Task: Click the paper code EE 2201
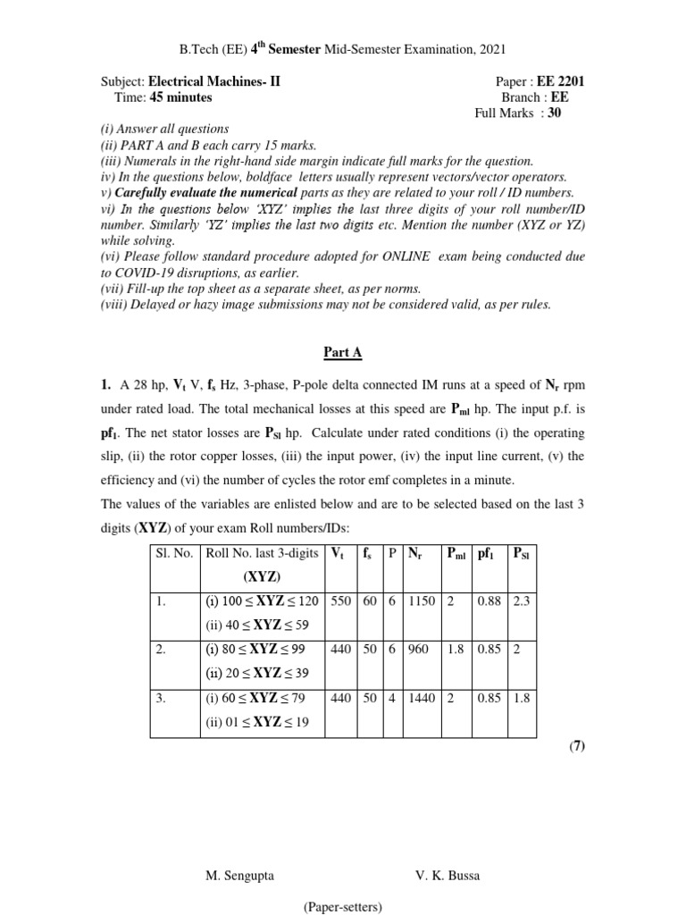click(561, 81)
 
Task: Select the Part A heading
click(343, 352)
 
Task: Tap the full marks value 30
click(555, 113)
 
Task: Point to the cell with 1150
click(422, 602)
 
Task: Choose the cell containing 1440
click(422, 699)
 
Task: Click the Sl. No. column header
click(174, 554)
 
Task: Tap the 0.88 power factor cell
click(489, 602)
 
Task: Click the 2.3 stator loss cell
click(521, 602)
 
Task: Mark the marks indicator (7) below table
click(576, 747)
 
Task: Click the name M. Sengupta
click(241, 876)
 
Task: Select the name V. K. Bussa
click(448, 876)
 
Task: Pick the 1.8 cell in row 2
click(455, 651)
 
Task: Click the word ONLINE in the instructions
click(405, 256)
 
